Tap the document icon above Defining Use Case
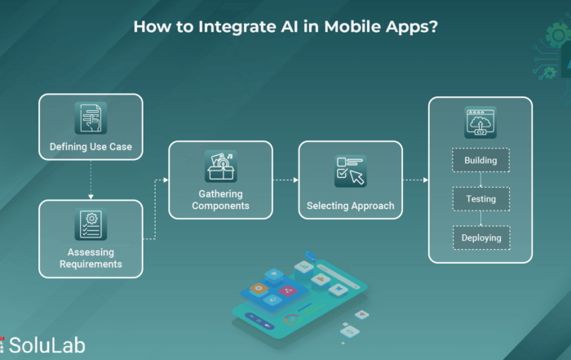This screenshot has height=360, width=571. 91,118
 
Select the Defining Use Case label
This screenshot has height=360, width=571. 91,146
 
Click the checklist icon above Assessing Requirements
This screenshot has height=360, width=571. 91,224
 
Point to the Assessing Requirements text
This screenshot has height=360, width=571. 91,258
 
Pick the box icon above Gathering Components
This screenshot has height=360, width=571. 221,167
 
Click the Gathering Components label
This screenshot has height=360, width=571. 221,200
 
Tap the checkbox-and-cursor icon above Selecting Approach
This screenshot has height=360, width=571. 350,171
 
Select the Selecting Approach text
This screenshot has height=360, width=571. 350,206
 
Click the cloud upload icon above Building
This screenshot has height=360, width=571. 480,122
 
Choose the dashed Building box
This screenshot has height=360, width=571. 480,160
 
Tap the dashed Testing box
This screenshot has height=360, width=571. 481,199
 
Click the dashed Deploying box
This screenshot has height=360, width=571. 481,238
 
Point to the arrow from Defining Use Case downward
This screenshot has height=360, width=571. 91,180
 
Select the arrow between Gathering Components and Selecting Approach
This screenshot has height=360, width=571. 285,180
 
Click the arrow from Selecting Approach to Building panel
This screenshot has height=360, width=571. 415,180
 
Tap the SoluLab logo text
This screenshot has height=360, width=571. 46,345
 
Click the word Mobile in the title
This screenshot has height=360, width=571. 352,27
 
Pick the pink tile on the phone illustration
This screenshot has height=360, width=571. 289,291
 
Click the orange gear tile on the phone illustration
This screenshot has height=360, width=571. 259,289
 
